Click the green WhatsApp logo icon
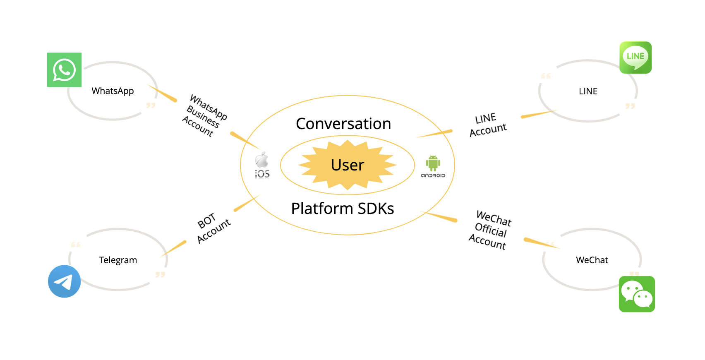(x=64, y=70)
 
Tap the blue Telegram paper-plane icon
(x=64, y=281)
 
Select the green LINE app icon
(x=635, y=58)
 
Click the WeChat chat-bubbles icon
(x=637, y=294)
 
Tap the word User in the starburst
(x=348, y=165)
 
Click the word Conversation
(x=343, y=124)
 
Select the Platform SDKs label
(x=343, y=209)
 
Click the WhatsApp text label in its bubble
(x=113, y=91)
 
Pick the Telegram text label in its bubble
(x=118, y=260)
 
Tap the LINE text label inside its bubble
(x=588, y=91)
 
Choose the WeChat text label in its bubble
(x=592, y=260)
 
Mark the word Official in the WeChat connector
(x=491, y=230)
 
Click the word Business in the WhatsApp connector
(x=203, y=117)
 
